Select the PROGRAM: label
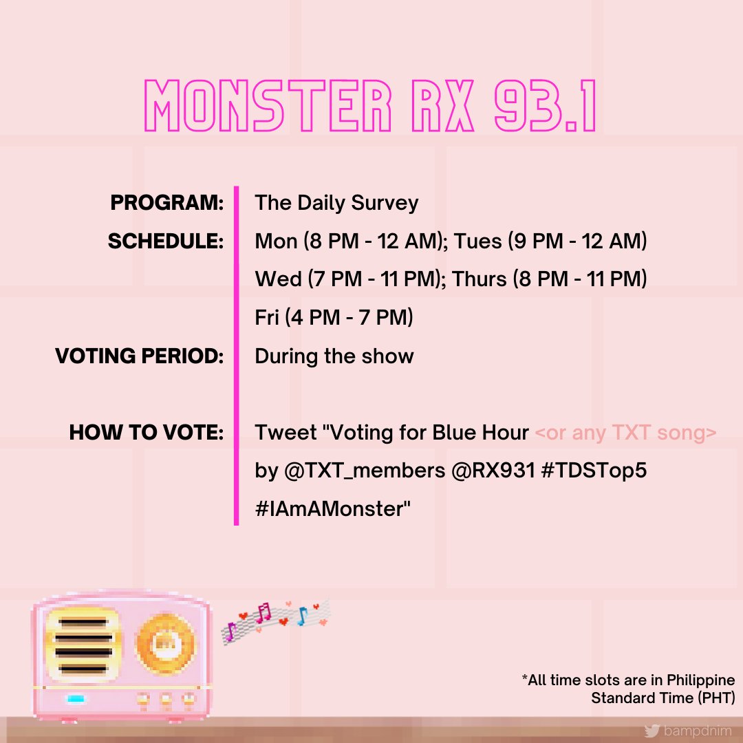[x=167, y=203]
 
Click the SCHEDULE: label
[x=166, y=241]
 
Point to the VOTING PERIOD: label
[x=140, y=356]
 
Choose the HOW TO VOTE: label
[x=147, y=433]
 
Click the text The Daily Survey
[x=336, y=203]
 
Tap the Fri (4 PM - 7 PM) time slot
[x=334, y=318]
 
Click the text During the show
[x=334, y=356]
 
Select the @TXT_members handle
[x=363, y=471]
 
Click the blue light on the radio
[x=75, y=699]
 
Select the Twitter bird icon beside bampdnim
[x=652, y=730]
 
